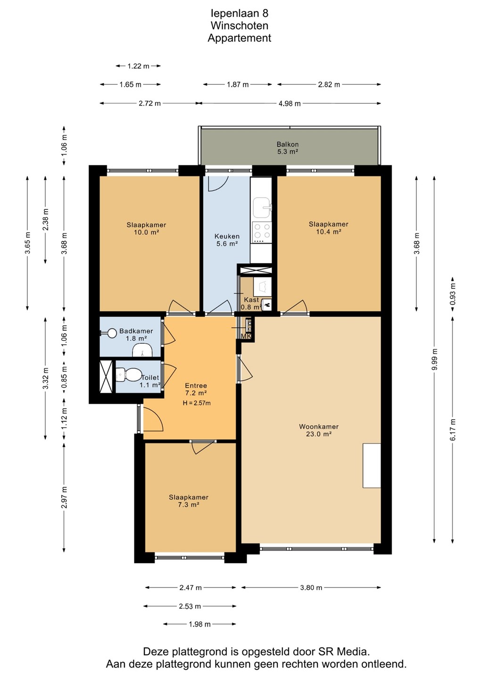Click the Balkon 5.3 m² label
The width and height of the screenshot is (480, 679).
pos(287,148)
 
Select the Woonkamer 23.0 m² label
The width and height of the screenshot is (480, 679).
pos(318,430)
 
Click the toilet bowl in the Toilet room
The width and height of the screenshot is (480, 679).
pos(129,375)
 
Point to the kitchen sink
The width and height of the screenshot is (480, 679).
pos(262,207)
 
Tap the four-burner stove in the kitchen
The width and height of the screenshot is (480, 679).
pos(262,231)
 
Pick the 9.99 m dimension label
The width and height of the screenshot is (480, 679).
pos(435,359)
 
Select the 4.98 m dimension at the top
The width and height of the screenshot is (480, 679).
pos(290,104)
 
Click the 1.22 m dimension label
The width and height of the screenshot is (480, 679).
pos(138,66)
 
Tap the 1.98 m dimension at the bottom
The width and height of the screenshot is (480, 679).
pos(199,624)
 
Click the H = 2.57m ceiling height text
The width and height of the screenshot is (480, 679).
pos(196,403)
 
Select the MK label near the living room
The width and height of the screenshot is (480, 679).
pos(246,336)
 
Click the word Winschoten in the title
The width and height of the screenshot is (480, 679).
pos(240,26)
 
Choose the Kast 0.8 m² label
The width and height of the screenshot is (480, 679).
pos(251,303)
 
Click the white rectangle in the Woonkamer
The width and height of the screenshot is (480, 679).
pos(372,465)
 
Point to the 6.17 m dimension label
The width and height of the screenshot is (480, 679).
pos(453,430)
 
